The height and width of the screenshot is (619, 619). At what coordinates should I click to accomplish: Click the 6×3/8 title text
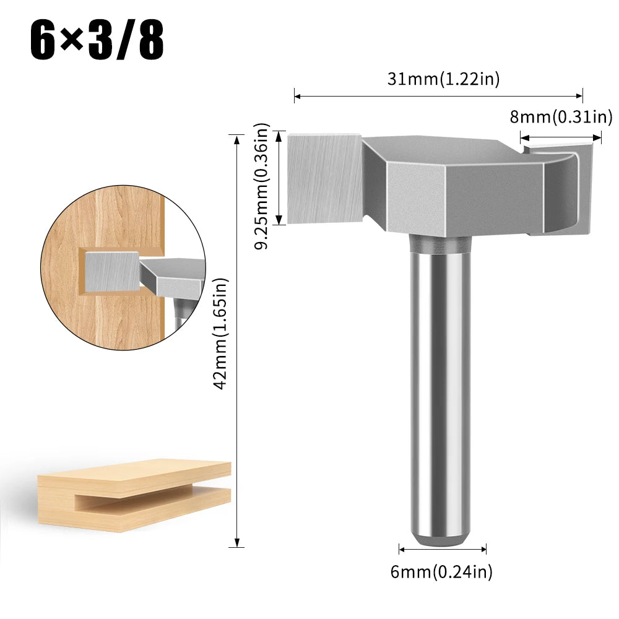pyautogui.click(x=97, y=40)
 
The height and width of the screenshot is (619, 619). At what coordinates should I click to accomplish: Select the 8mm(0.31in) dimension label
pyautogui.click(x=561, y=116)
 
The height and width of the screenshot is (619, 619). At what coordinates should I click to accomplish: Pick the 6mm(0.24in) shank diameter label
pyautogui.click(x=441, y=572)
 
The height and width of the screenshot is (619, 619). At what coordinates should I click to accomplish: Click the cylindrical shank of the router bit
pyautogui.click(x=439, y=384)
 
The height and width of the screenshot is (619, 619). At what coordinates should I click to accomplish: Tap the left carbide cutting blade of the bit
pyautogui.click(x=324, y=178)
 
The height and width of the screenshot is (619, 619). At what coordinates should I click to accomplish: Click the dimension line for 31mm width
pyautogui.click(x=438, y=96)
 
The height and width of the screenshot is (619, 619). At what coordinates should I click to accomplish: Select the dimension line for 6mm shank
pyautogui.click(x=443, y=548)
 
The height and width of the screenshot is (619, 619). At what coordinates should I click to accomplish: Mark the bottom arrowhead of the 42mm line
pyautogui.click(x=236, y=543)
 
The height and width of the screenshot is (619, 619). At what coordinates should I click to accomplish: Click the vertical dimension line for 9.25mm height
pyautogui.click(x=279, y=178)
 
